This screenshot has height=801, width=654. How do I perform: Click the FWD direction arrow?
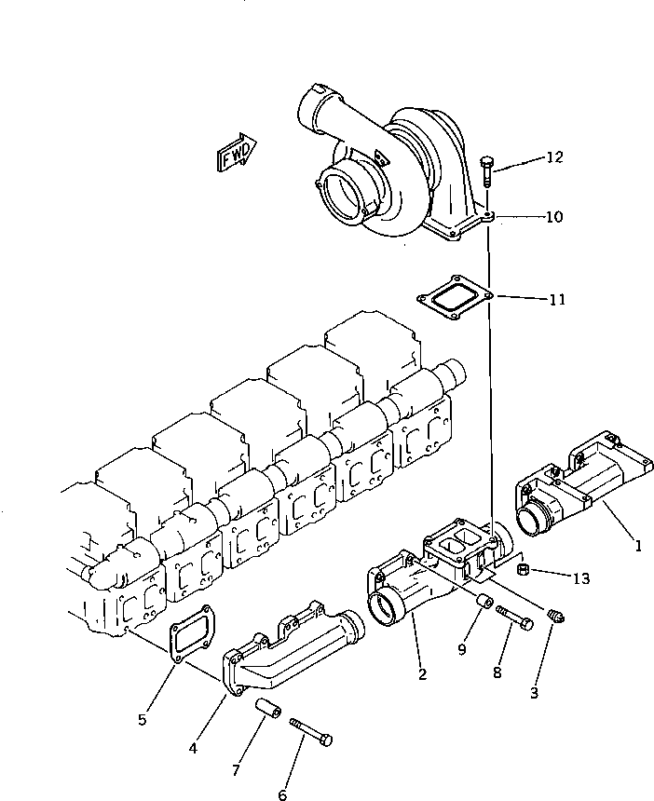pos(238,152)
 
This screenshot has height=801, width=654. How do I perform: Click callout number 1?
pos(638,546)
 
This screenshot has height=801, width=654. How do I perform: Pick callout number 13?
pos(581,578)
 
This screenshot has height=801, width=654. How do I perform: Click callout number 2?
pos(422,673)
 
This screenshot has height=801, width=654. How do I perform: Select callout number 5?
pos(142,719)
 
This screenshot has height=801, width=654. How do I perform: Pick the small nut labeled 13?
pos(524,569)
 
